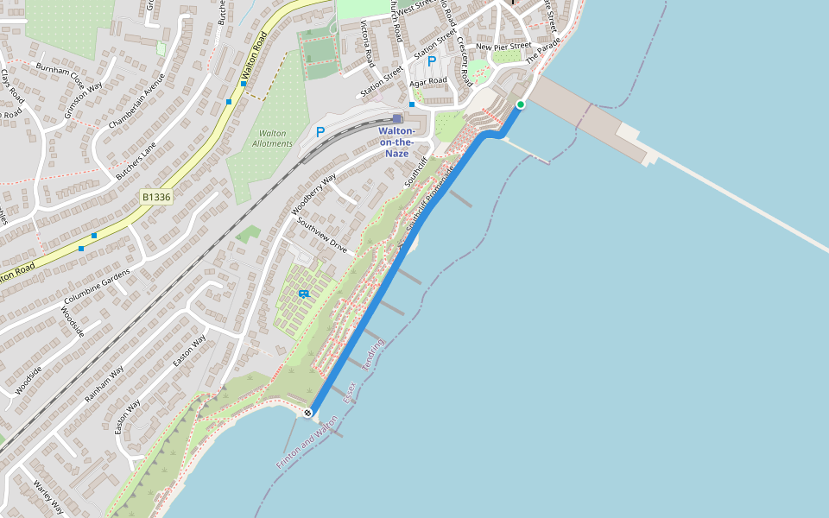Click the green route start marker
click(520, 104)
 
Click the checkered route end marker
click(307, 414)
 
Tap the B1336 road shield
click(156, 197)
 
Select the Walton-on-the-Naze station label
click(396, 142)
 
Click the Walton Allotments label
click(272, 138)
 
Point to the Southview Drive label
click(321, 235)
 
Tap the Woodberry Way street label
click(313, 195)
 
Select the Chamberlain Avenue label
click(136, 101)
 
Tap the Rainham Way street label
click(104, 384)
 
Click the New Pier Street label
click(503, 47)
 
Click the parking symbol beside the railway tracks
click(320, 132)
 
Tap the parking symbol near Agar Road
click(432, 62)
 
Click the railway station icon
click(396, 118)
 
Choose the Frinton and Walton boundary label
click(307, 441)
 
